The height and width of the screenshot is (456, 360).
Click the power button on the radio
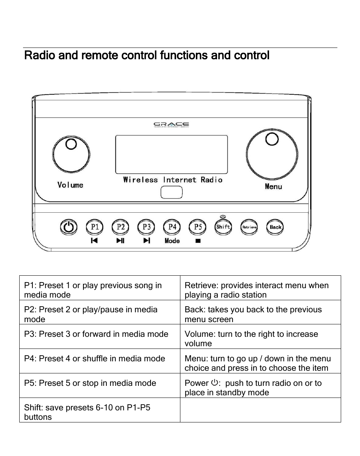[68, 227]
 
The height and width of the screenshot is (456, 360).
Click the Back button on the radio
[275, 227]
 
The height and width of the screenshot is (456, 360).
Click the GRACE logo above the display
[171, 124]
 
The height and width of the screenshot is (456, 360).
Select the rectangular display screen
[171, 154]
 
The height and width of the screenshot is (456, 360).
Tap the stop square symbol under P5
[198, 241]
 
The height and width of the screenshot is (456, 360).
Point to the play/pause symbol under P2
[120, 241]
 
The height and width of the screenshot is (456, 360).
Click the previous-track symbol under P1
[94, 241]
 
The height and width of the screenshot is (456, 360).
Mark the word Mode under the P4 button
[172, 241]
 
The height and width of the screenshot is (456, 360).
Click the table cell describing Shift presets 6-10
[100, 410]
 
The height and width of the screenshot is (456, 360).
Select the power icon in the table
[214, 383]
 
